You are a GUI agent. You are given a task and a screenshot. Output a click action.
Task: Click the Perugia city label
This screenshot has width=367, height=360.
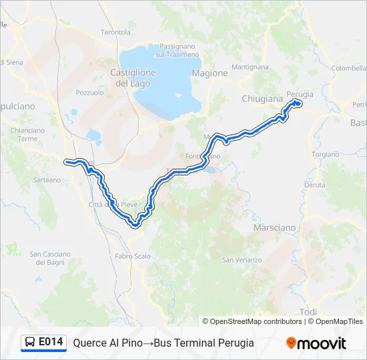[x=300, y=94]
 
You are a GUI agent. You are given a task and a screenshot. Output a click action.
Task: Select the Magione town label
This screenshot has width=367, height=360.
[x=210, y=73]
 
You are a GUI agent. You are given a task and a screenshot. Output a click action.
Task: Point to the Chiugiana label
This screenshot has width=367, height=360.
[x=262, y=99]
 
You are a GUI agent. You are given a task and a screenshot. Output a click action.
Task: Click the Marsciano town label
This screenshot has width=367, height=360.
[x=274, y=227]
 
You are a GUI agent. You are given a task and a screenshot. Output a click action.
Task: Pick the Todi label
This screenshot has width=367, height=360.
[x=309, y=312]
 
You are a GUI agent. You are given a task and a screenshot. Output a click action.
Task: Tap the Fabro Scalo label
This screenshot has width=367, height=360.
[x=132, y=256]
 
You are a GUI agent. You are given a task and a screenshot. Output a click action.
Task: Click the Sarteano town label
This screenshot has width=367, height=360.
[x=47, y=180]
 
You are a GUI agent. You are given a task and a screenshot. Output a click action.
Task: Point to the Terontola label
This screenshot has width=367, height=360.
[x=115, y=32]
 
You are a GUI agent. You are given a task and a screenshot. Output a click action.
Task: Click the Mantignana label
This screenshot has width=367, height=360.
[x=250, y=67]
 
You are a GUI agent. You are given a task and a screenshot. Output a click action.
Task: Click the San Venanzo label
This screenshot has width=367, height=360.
[x=242, y=259]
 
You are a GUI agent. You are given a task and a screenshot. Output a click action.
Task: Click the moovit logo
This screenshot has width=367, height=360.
[x=316, y=343]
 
